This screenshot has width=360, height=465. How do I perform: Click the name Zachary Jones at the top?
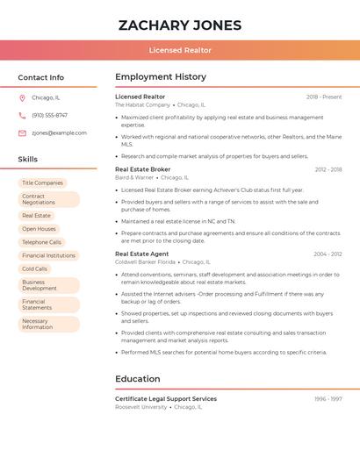click(180, 25)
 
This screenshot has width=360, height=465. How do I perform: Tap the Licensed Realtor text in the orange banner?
click(180, 50)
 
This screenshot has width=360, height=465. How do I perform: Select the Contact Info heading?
click(41, 77)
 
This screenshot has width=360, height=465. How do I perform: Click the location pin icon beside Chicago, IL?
click(22, 97)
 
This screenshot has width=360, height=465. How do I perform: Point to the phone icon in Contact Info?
click(22, 115)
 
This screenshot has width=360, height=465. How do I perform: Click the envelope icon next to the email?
click(22, 133)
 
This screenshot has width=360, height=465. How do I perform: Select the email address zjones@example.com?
click(59, 133)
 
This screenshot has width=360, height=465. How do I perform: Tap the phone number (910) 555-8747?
click(49, 115)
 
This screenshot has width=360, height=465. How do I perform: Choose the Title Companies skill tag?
click(42, 182)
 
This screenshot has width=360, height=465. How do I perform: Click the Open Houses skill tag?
click(39, 229)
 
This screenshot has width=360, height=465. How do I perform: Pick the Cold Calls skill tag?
click(35, 268)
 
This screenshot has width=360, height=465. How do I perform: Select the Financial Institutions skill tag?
click(48, 255)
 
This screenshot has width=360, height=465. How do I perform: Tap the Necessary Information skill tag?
click(37, 325)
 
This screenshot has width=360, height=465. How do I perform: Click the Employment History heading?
click(161, 77)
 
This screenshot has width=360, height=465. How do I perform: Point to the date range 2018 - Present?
click(324, 97)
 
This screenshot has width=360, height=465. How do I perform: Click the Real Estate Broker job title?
click(143, 169)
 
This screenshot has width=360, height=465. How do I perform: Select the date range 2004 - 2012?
click(328, 254)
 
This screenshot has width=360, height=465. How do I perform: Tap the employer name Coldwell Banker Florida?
click(146, 262)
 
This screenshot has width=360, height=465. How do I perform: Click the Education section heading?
click(138, 379)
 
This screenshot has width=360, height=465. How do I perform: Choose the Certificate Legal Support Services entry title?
click(166, 399)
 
